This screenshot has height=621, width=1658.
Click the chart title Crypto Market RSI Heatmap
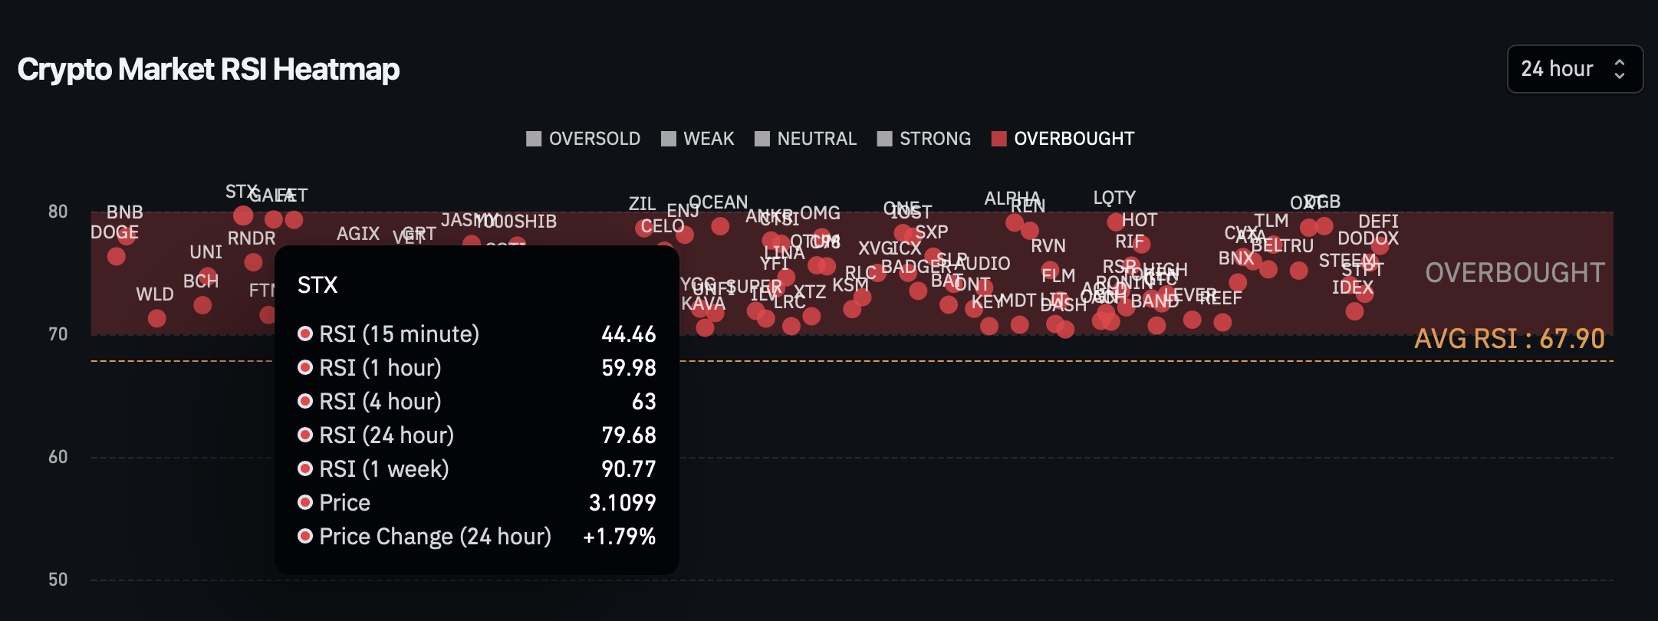209,70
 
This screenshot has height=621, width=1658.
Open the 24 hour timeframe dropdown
1574,69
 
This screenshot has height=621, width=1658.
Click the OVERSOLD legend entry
584,139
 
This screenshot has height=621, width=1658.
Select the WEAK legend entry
698,139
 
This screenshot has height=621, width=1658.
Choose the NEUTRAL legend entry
806,139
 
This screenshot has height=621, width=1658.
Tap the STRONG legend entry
924,139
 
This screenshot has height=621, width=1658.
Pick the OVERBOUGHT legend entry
1063,139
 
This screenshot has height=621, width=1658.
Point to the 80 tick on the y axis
58,212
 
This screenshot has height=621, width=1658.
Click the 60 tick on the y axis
58,457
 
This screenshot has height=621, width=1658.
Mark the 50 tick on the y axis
58,580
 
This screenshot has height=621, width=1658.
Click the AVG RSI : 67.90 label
1509,339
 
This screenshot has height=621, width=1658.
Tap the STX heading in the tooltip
317,285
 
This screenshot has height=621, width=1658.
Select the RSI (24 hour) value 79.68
629,435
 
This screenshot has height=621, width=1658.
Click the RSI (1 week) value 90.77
629,469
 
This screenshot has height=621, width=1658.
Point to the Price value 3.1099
622,503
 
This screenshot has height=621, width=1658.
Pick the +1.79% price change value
619,537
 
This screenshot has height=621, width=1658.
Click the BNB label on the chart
124,212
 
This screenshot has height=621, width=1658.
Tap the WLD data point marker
156,317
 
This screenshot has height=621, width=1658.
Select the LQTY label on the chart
1114,198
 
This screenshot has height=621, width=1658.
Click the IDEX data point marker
1354,311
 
